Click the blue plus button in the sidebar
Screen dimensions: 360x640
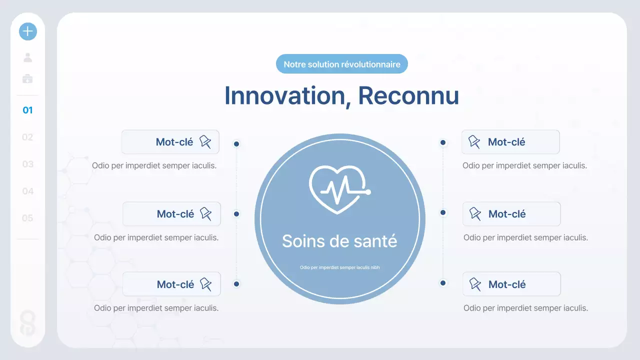[x=28, y=31]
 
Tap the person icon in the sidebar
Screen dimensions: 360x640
[x=28, y=57]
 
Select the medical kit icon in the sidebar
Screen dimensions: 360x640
[x=28, y=78]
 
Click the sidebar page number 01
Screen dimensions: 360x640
[x=28, y=110]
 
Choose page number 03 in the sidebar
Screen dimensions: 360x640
[x=28, y=164]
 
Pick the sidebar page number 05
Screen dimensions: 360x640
[x=28, y=218]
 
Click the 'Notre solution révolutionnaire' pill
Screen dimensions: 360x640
[x=342, y=64]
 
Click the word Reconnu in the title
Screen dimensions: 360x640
[x=408, y=95]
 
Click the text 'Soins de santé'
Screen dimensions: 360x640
[x=339, y=241]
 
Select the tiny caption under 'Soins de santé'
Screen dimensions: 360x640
[x=339, y=267]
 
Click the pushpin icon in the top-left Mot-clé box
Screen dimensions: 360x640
[x=205, y=142]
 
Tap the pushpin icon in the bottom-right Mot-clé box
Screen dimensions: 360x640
[x=475, y=284]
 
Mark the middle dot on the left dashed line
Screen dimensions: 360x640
[x=236, y=214]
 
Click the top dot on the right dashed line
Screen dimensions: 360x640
[x=443, y=142]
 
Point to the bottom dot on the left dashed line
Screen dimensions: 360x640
[x=236, y=284]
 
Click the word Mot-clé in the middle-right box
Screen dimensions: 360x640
[x=507, y=214]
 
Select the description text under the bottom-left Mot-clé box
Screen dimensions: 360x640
[x=156, y=308]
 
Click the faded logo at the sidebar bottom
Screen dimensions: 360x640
[x=28, y=322]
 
